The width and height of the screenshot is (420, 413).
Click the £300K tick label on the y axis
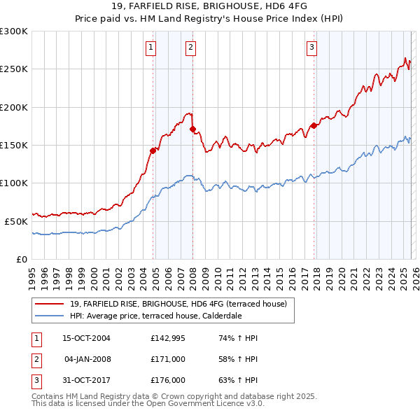(14, 31)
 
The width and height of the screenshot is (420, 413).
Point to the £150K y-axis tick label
(14, 145)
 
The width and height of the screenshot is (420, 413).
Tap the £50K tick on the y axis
(16, 220)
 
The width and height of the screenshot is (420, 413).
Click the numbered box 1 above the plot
(151, 48)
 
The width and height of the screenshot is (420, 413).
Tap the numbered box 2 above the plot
(190, 48)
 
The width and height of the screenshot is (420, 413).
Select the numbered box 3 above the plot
(311, 48)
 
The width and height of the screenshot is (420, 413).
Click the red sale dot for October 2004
(153, 150)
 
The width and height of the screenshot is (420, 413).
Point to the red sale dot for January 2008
(192, 129)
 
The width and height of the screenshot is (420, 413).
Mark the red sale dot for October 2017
(314, 125)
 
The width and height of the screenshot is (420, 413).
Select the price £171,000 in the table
(167, 359)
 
